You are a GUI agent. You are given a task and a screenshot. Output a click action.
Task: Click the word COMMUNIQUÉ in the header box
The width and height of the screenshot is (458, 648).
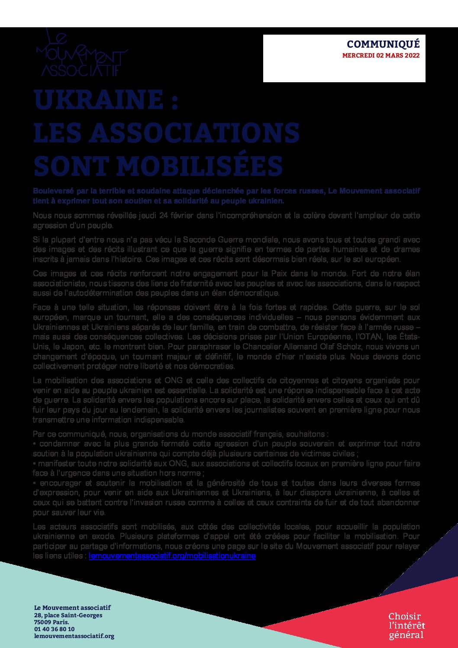click(383, 44)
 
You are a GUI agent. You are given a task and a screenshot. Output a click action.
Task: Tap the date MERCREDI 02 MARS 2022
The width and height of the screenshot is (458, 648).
click(381, 56)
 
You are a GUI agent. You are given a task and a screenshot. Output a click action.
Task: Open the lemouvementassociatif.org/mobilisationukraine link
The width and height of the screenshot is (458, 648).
click(172, 556)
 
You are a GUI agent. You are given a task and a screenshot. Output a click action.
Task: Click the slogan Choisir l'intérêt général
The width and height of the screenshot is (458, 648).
click(406, 625)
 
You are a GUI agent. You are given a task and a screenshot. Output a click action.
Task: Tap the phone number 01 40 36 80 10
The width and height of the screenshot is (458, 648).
click(54, 629)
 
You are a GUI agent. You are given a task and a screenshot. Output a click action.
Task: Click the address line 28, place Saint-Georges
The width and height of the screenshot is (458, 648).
click(68, 615)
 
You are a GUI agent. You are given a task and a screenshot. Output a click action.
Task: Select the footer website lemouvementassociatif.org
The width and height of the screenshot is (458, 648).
click(74, 636)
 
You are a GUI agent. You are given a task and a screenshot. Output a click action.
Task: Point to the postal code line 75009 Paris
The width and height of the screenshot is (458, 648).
click(52, 622)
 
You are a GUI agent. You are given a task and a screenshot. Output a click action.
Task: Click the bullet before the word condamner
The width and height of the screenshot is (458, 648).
click(34, 444)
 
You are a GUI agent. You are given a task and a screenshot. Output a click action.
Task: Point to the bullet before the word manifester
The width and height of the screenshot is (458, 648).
click(34, 464)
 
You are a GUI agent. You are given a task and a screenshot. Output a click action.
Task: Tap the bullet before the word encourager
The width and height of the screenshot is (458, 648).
click(34, 483)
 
